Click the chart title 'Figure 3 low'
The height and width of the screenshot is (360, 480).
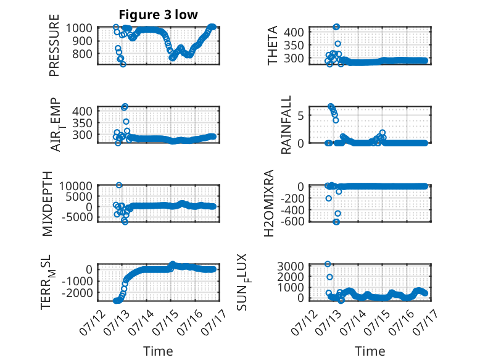point(159,15)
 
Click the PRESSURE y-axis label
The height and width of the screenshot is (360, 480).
point(54,45)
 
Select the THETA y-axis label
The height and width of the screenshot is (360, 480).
point(272,45)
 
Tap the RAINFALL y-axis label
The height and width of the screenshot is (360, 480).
point(286,125)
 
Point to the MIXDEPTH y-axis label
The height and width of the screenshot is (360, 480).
point(48,204)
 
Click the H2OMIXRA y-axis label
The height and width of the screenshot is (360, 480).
point(269,203)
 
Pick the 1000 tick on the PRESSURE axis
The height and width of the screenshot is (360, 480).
point(79,28)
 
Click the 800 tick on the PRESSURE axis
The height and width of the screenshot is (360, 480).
point(82,54)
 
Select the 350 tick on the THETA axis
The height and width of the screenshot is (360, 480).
point(294,45)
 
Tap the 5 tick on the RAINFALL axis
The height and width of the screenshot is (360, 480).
point(300,115)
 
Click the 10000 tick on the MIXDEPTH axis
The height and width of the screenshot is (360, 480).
point(76,186)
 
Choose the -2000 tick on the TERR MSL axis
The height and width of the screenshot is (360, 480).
point(77,293)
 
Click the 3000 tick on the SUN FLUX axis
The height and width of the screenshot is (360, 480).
point(291,266)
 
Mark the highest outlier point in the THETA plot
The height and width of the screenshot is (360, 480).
point(336,27)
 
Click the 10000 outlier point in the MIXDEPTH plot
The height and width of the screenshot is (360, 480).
point(119,185)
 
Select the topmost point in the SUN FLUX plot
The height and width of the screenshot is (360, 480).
point(328,264)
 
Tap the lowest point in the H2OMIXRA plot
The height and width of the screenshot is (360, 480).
point(336,222)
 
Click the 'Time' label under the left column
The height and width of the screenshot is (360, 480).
point(159,351)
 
